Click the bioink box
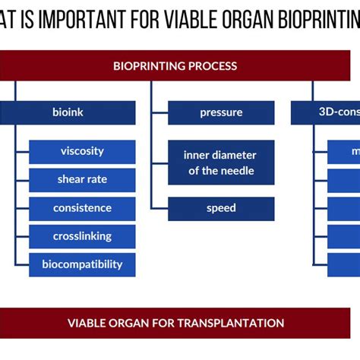(x=68, y=112)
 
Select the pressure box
(x=221, y=112)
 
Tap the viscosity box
(x=82, y=151)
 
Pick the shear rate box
(x=82, y=179)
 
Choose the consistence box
(x=82, y=208)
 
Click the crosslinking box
(x=82, y=236)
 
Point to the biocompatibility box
(x=82, y=264)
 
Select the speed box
(x=221, y=208)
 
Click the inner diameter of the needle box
(x=221, y=162)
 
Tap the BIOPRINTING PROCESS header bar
(x=175, y=66)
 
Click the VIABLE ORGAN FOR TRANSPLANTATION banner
(x=175, y=323)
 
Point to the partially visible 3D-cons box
(x=325, y=112)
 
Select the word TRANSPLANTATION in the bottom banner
(x=238, y=323)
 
